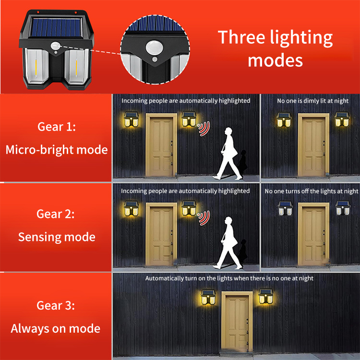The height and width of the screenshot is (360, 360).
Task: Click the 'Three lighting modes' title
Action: click(276, 48)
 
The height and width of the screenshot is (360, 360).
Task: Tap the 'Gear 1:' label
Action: click(57, 127)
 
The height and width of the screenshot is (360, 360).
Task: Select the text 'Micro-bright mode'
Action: click(57, 150)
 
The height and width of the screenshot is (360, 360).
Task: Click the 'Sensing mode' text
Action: click(57, 237)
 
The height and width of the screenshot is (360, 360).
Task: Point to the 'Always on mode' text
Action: click(56, 328)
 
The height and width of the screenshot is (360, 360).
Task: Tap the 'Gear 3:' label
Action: click(56, 305)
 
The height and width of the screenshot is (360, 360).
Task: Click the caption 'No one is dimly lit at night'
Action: click(312, 101)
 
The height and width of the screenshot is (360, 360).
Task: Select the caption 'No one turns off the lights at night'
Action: click(312, 191)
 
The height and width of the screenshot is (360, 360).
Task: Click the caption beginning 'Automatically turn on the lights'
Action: click(229, 278)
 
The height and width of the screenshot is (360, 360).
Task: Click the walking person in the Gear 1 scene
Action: click(228, 154)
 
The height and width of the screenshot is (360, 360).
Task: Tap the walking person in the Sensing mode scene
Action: click(228, 243)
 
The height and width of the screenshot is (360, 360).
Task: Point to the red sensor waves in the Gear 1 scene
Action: click(204, 129)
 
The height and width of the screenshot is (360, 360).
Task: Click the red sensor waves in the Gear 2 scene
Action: click(204, 218)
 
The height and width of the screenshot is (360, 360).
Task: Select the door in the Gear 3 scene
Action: click(237, 322)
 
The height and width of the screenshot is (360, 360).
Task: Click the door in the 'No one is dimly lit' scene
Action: click(313, 145)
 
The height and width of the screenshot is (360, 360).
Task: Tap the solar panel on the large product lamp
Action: click(57, 27)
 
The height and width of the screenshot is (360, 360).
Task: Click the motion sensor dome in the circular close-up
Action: click(154, 48)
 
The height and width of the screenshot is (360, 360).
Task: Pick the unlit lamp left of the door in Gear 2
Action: click(285, 208)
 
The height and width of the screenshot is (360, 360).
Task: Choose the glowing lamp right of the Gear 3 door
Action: click(265, 297)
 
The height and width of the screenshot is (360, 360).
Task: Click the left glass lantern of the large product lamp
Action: click(36, 66)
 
